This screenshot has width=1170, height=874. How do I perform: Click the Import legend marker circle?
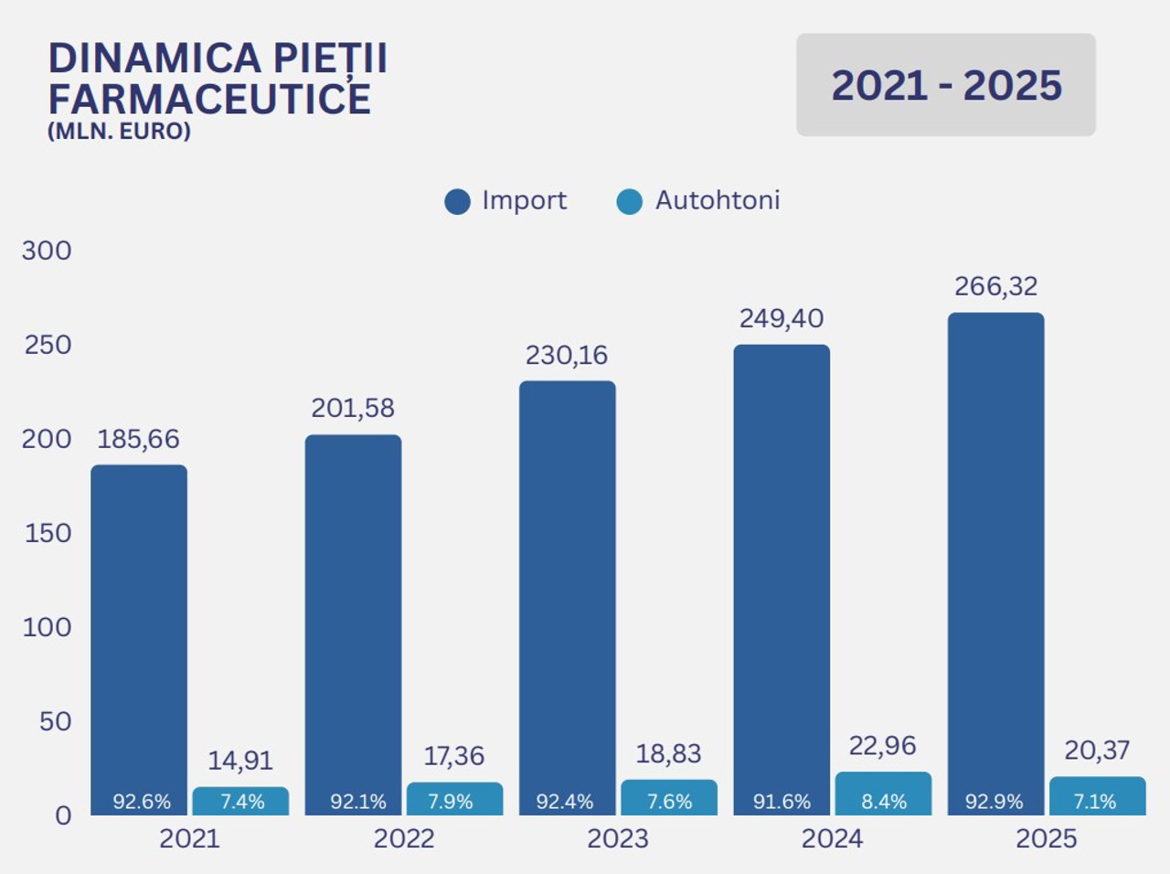click(457, 202)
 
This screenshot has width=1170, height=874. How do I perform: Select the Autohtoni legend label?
click(718, 200)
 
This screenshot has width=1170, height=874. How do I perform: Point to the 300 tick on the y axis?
click(47, 250)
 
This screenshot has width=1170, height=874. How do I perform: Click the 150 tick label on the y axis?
click(48, 533)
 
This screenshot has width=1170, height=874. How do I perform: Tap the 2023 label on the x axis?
click(618, 838)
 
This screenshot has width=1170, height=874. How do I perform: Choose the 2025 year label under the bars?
click(1047, 838)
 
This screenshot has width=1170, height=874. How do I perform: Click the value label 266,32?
click(996, 286)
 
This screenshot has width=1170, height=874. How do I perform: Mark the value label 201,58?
click(353, 408)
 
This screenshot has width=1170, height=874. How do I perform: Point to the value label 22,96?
click(882, 746)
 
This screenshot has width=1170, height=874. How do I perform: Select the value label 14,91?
click(240, 761)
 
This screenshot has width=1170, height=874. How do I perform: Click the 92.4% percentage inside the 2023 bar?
click(565, 802)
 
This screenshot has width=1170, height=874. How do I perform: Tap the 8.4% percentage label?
click(884, 802)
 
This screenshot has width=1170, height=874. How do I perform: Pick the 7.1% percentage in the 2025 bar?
click(1095, 802)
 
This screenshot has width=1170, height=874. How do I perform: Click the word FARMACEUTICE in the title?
click(209, 99)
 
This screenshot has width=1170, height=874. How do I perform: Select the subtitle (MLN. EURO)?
click(119, 131)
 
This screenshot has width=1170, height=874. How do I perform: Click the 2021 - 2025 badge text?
click(946, 86)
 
